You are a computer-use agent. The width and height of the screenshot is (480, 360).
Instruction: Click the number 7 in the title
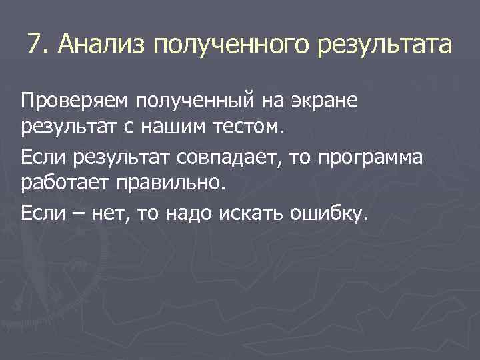point(35,45)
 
